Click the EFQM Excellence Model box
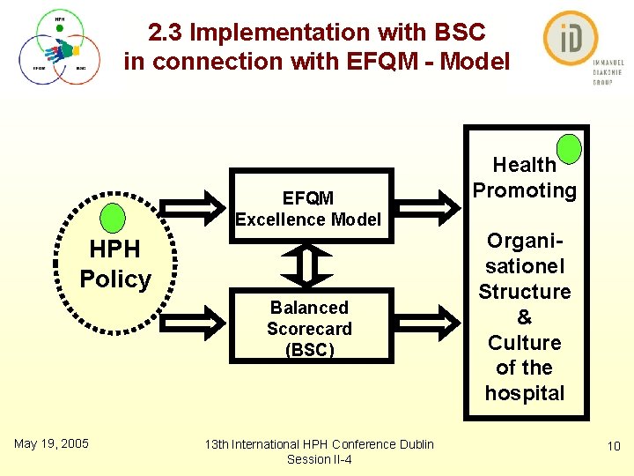click(308, 208)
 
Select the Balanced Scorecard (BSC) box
click(309, 329)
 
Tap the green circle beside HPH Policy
click(114, 218)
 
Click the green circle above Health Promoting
click(570, 148)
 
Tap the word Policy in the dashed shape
click(115, 279)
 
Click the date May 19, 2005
click(51, 443)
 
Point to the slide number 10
click(614, 448)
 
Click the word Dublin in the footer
click(414, 444)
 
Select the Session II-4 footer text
click(319, 459)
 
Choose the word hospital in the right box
click(525, 393)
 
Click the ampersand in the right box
click(525, 316)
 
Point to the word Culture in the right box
click(525, 342)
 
